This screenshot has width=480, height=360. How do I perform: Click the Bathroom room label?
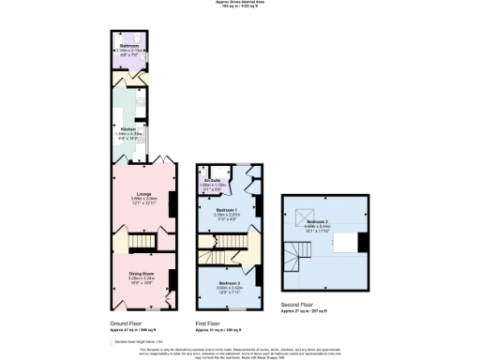tap(129, 45)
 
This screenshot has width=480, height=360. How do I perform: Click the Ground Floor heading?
tap(127, 322)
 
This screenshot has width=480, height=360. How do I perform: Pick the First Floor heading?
tap(207, 322)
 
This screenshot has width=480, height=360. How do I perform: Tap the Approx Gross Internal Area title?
tap(240, 3)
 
